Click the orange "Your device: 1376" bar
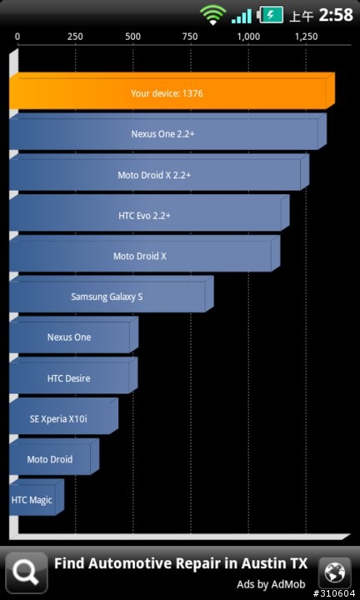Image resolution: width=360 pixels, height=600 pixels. tap(172, 91)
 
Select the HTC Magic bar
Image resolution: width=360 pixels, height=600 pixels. tap(37, 497)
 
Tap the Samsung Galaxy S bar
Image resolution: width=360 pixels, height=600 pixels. tap(111, 294)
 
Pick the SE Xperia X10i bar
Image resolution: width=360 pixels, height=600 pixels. tap(63, 416)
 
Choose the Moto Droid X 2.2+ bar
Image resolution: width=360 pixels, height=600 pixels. tap(159, 172)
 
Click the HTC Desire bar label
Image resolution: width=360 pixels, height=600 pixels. tap(69, 378)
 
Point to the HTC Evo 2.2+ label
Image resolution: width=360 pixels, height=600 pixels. tap(145, 216)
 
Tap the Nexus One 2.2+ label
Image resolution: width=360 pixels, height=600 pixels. tap(163, 134)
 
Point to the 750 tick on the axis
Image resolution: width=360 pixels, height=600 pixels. tap(190, 37)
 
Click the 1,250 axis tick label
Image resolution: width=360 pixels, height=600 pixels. tap(307, 37)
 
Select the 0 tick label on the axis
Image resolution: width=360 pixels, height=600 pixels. tap(17, 37)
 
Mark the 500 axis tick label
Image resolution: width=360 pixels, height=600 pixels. tap(132, 37)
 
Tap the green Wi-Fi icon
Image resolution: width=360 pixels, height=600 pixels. tap(213, 15)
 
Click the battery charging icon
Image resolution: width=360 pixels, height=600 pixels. tap(271, 15)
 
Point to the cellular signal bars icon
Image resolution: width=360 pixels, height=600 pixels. tap(242, 16)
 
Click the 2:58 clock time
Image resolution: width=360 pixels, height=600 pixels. tap(336, 15)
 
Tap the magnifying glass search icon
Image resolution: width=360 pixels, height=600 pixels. tap(27, 572)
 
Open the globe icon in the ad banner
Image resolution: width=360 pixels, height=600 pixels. tap(335, 572)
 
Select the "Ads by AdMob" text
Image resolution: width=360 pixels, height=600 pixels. tap(271, 584)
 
